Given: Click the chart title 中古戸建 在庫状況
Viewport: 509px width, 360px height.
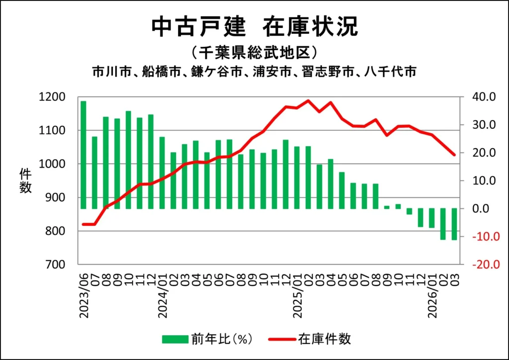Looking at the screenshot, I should click(x=254, y=27).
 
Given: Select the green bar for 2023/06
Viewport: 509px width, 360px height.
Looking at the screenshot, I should click(x=84, y=155).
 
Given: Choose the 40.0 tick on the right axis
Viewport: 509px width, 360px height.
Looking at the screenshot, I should click(x=484, y=97).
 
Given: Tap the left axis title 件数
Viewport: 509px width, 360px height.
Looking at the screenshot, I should click(x=25, y=180).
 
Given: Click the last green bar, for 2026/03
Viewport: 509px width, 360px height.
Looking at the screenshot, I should click(x=454, y=224).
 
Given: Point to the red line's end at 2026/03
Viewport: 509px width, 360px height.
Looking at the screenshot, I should click(x=454, y=155).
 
